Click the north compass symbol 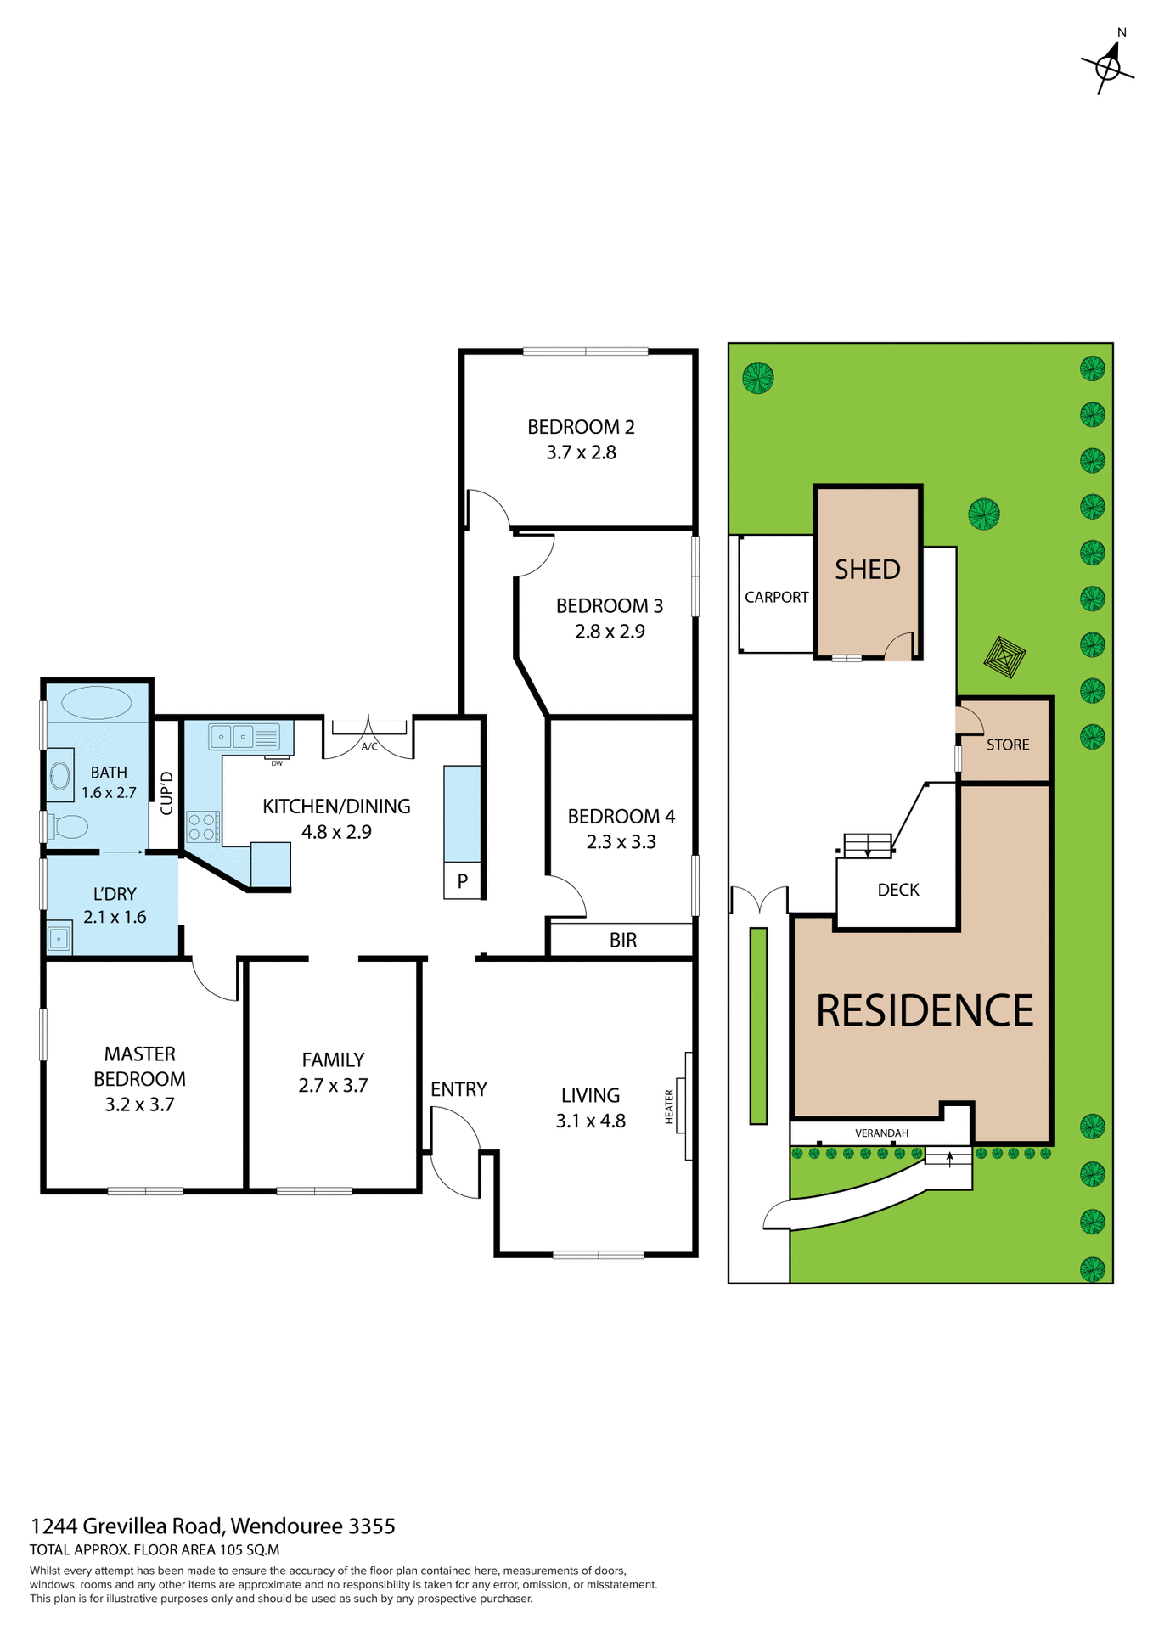point(1108,65)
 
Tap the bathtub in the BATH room point(96,703)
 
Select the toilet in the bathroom point(68,826)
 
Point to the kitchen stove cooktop point(202,827)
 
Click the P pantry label point(462,881)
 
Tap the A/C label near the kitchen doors point(369,747)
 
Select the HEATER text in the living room point(669,1107)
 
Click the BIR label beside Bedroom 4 point(622,940)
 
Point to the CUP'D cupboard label point(166,792)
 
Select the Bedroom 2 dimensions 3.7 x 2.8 point(581,452)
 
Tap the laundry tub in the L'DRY point(59,938)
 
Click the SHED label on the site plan point(867,569)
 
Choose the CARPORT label point(776,597)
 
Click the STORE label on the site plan point(1007,745)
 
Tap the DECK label point(897,890)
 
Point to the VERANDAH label point(881,1133)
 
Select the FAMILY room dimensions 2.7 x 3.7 point(333,1085)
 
